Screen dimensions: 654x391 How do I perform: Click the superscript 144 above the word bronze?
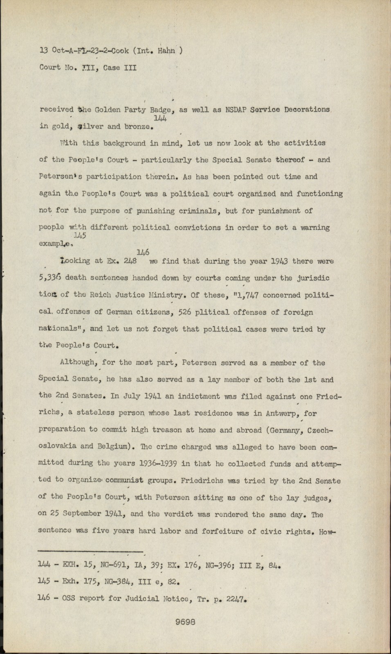160,119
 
